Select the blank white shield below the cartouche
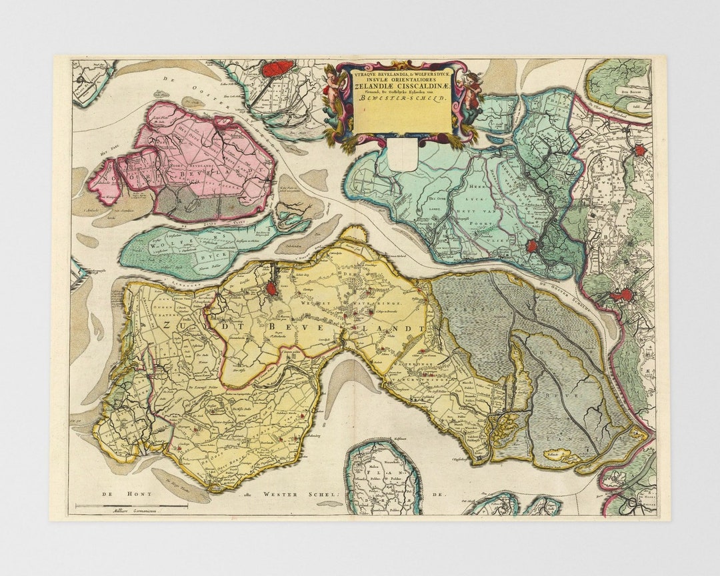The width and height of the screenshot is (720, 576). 403,157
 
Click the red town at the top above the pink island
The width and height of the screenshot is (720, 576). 278,68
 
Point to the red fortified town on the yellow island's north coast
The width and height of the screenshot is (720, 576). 273,289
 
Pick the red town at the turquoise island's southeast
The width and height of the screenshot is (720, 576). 531,246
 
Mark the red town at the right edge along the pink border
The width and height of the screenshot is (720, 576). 640,151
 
